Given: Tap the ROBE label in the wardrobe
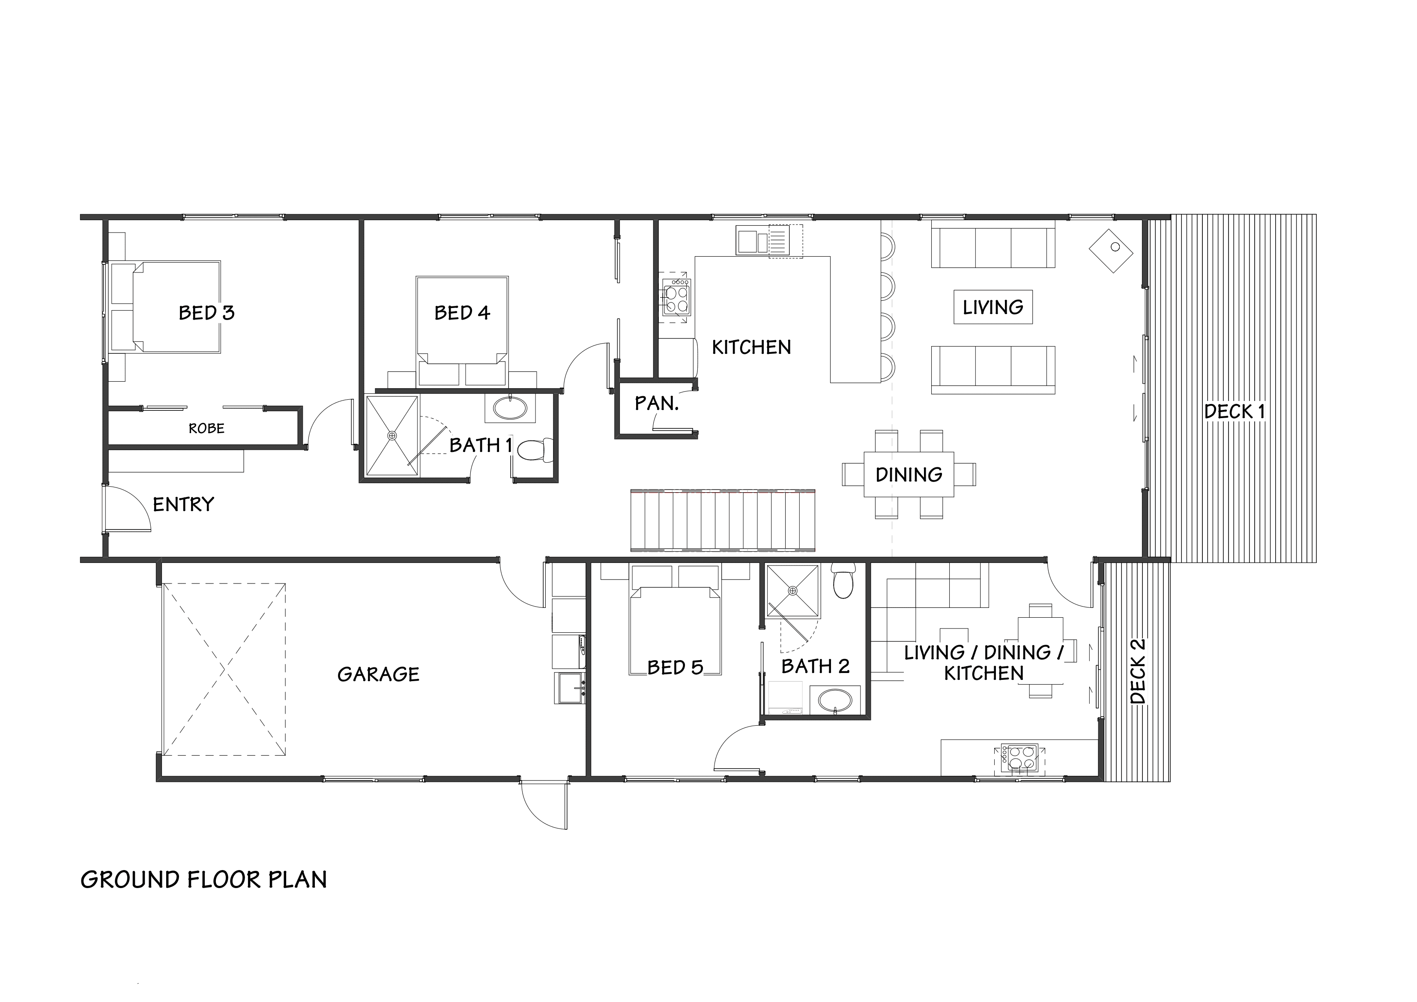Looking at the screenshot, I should point(206,428).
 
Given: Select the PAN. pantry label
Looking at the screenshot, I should point(657,404).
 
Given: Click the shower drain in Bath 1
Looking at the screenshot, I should point(391,435).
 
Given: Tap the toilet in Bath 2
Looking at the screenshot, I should point(843,582).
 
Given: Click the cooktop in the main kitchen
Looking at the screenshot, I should point(676,298).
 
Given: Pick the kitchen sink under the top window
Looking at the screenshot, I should point(763,241).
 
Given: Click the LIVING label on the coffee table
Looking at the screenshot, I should point(992,307).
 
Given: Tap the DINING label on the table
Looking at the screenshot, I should point(909,475).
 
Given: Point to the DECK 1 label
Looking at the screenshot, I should point(1235,412).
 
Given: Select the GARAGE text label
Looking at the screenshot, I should point(378,674).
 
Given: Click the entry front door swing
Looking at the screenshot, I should point(129,508).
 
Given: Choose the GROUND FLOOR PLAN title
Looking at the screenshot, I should point(203,880).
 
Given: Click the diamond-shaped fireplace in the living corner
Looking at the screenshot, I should point(1111,251).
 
